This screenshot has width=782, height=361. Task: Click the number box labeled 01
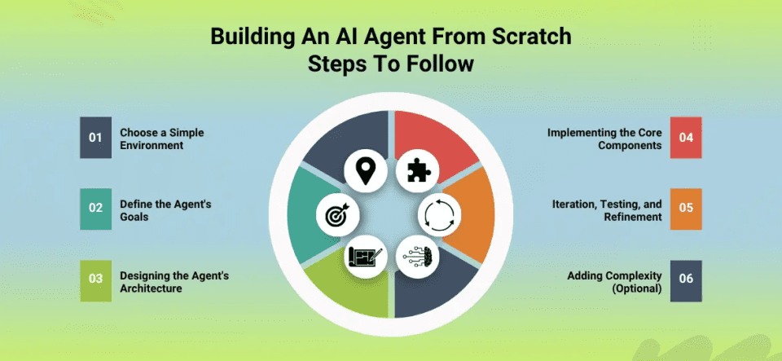pyautogui.click(x=95, y=138)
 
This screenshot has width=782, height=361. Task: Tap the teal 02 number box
pyautogui.click(x=95, y=209)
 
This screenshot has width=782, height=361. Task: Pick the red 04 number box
pyautogui.click(x=686, y=138)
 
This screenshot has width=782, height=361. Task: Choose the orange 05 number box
pyautogui.click(x=686, y=209)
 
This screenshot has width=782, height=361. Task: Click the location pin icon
pyautogui.click(x=364, y=171)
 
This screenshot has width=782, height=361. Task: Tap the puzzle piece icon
pyautogui.click(x=418, y=171)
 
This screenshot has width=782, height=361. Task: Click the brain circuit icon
pyautogui.click(x=418, y=259)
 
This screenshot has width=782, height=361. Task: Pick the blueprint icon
pyautogui.click(x=364, y=259)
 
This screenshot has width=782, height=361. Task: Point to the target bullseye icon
pyautogui.click(x=337, y=215)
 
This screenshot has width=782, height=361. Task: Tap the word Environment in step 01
pyautogui.click(x=152, y=145)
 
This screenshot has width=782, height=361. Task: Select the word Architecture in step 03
pyautogui.click(x=151, y=288)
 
